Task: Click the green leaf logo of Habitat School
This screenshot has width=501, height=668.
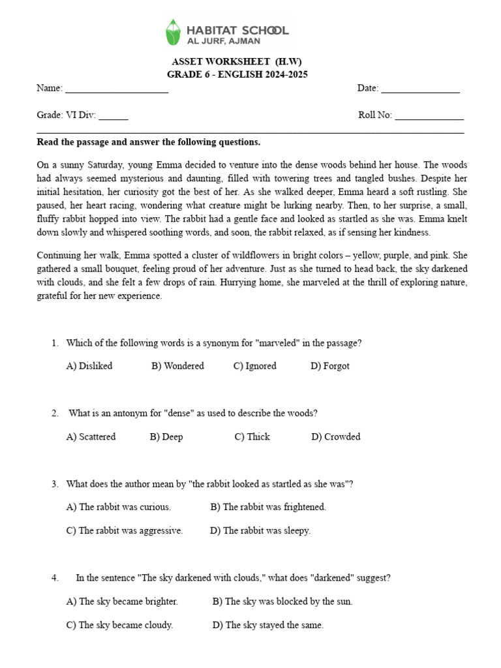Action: coord(173,32)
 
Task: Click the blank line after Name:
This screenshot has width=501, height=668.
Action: coord(117,89)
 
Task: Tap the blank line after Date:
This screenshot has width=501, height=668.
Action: coord(420,89)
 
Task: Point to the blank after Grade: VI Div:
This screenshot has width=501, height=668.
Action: coord(114,116)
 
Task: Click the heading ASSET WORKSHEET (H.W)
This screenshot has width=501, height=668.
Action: coord(237,62)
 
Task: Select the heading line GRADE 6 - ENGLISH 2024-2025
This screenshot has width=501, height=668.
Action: coord(237,74)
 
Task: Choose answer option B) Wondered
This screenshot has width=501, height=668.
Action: coord(177,366)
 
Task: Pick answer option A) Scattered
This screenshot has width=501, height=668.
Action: coord(91,437)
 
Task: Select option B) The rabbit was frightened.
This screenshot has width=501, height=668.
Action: coord(268,507)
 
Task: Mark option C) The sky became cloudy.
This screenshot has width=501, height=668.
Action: coord(119,625)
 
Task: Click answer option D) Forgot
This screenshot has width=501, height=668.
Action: coord(329,366)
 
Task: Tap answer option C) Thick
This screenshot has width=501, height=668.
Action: coord(252,437)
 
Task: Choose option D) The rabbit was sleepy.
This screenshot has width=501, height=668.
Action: coord(260,531)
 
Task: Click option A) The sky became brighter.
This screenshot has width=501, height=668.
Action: coord(122,601)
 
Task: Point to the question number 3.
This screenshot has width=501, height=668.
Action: coord(54,484)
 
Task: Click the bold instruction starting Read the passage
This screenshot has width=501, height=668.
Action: coord(148,142)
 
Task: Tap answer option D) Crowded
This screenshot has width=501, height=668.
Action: coord(335,437)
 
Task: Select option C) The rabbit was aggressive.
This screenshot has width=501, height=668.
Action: coord(124,531)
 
